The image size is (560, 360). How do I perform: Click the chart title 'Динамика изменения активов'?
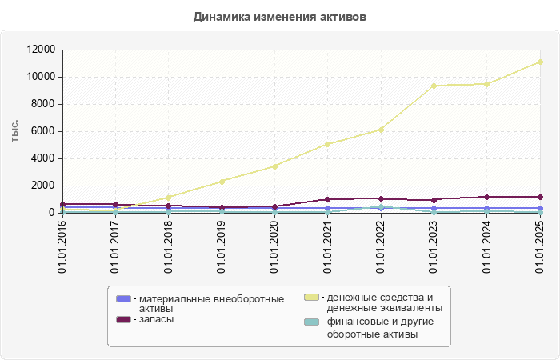pyautogui.click(x=280, y=17)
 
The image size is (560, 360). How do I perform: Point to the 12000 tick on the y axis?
pyautogui.click(x=42, y=50)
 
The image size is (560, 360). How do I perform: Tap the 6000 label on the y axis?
pyautogui.click(x=45, y=131)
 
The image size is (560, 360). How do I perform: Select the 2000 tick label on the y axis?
pyautogui.click(x=45, y=186)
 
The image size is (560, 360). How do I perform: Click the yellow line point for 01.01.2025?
pyautogui.click(x=541, y=62)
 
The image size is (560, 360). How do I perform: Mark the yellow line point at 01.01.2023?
pyautogui.click(x=434, y=86)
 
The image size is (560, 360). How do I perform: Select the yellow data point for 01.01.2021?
pyautogui.click(x=328, y=144)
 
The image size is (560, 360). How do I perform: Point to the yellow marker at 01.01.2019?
pyautogui.click(x=222, y=181)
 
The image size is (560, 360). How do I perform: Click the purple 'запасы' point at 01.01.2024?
pyautogui.click(x=487, y=197)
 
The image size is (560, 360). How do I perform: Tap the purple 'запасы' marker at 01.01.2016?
pyautogui.click(x=62, y=204)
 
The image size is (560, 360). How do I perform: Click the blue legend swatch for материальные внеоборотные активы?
pyautogui.click(x=123, y=298)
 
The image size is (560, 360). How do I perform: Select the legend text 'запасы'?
pyautogui.click(x=156, y=319)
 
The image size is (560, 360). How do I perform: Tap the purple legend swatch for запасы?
pyautogui.click(x=123, y=319)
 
